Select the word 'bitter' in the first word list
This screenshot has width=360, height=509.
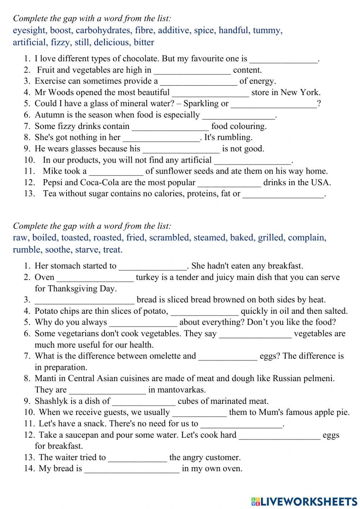click(x=144, y=43)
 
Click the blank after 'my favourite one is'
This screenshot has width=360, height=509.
click(x=284, y=59)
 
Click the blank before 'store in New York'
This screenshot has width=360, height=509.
click(x=210, y=93)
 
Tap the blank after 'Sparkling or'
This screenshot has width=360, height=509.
click(x=274, y=104)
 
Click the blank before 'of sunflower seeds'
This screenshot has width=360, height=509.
click(x=116, y=171)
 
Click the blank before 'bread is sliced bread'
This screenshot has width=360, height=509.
click(x=84, y=300)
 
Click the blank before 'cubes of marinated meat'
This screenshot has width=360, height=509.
click(x=144, y=401)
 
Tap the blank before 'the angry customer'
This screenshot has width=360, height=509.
click(x=138, y=458)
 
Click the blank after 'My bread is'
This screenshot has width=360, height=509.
click(x=132, y=469)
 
